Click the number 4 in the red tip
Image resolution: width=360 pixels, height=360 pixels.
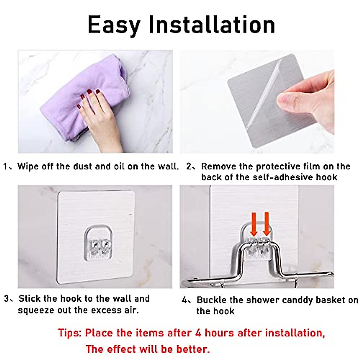[198, 333]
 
